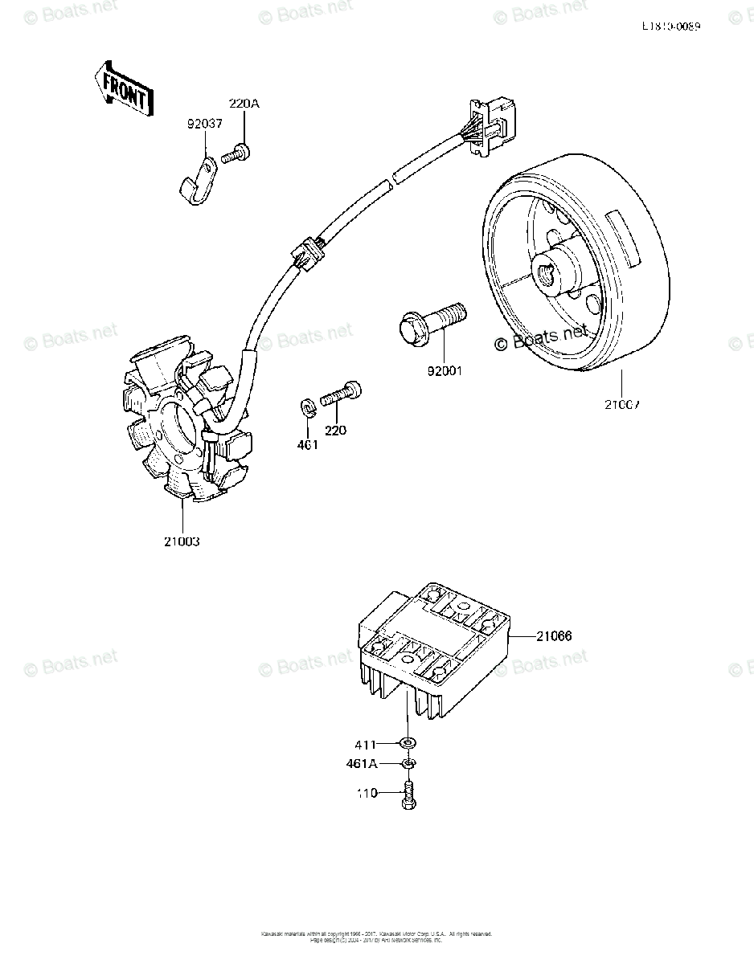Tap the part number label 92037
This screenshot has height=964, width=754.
tap(204, 125)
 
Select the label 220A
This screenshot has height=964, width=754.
tap(244, 104)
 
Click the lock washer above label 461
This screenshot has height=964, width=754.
tap(307, 406)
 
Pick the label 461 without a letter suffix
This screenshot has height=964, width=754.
tap(306, 444)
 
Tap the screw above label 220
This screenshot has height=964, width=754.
tap(341, 394)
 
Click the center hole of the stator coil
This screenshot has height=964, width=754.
tap(179, 430)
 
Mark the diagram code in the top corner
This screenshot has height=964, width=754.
tap(670, 26)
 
